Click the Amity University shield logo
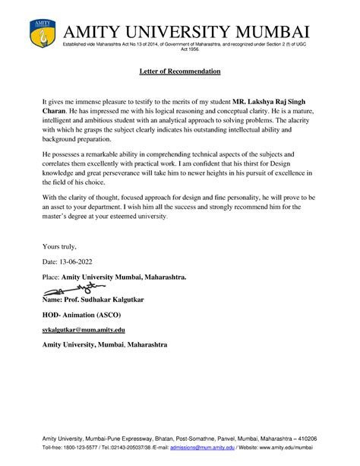pyautogui.click(x=41, y=34)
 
